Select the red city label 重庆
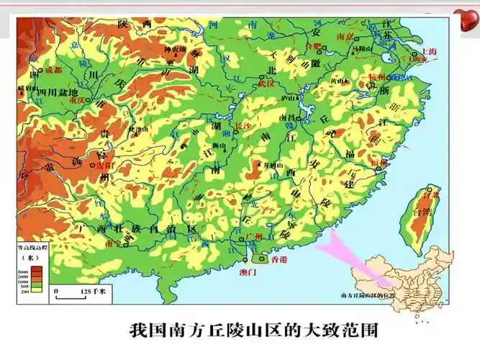(76, 100)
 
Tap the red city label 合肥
(312, 45)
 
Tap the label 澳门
(247, 273)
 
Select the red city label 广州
(253, 237)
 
